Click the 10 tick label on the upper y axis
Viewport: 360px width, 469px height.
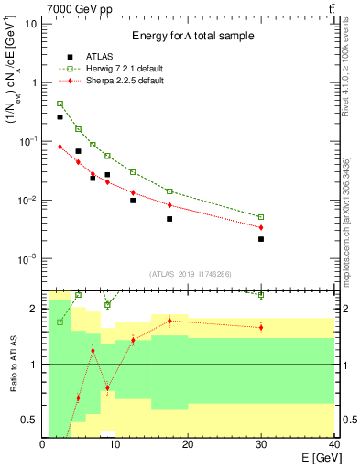(x=31, y=23)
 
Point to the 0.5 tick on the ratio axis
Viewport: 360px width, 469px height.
(x=29, y=420)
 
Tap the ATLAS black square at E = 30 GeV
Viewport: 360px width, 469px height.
(x=261, y=239)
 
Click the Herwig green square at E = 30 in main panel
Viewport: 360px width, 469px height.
(x=261, y=217)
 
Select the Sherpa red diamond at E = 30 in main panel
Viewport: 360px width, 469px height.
(x=261, y=227)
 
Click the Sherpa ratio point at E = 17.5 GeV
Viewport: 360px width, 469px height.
(x=169, y=321)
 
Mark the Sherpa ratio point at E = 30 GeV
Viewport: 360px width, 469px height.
(x=261, y=327)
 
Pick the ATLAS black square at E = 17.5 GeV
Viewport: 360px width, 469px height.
(x=169, y=219)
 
